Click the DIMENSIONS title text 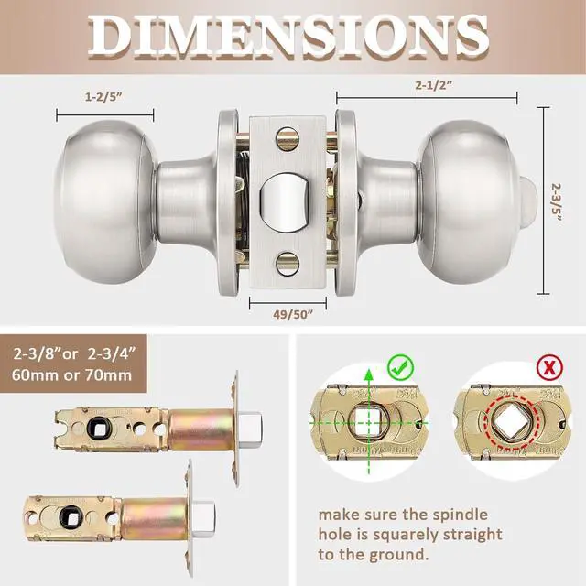click(293, 37)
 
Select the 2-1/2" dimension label click(429, 84)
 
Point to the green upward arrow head click(368, 373)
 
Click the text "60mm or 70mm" click(72, 374)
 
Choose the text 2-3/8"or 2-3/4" click(72, 353)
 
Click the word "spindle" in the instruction click(461, 514)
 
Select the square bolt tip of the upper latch click(252, 426)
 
